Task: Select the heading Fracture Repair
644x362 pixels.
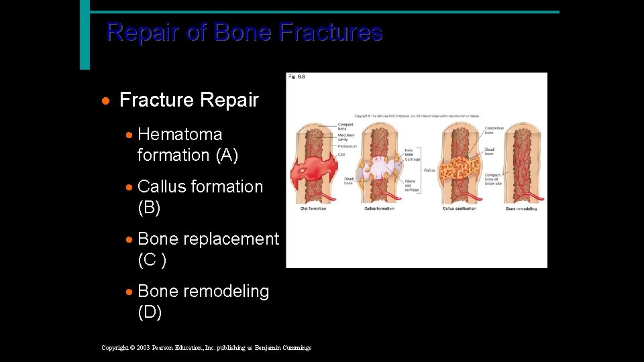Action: point(189,101)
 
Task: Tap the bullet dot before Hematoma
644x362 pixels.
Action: point(129,135)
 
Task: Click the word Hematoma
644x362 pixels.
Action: point(179,134)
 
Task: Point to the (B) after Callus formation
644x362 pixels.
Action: point(149,208)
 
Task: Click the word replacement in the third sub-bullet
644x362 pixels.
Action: point(231,239)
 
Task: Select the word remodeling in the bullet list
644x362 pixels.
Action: point(225,292)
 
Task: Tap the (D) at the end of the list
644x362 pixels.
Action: point(149,312)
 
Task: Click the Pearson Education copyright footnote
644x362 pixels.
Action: point(206,347)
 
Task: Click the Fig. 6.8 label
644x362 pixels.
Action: point(297,77)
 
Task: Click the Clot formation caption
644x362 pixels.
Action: point(313,208)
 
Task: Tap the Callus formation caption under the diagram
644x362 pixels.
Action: point(379,208)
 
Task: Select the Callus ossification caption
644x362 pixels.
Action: point(459,208)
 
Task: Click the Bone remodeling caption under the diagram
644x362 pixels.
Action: point(521,208)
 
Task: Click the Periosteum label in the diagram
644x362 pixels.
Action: point(347,145)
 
